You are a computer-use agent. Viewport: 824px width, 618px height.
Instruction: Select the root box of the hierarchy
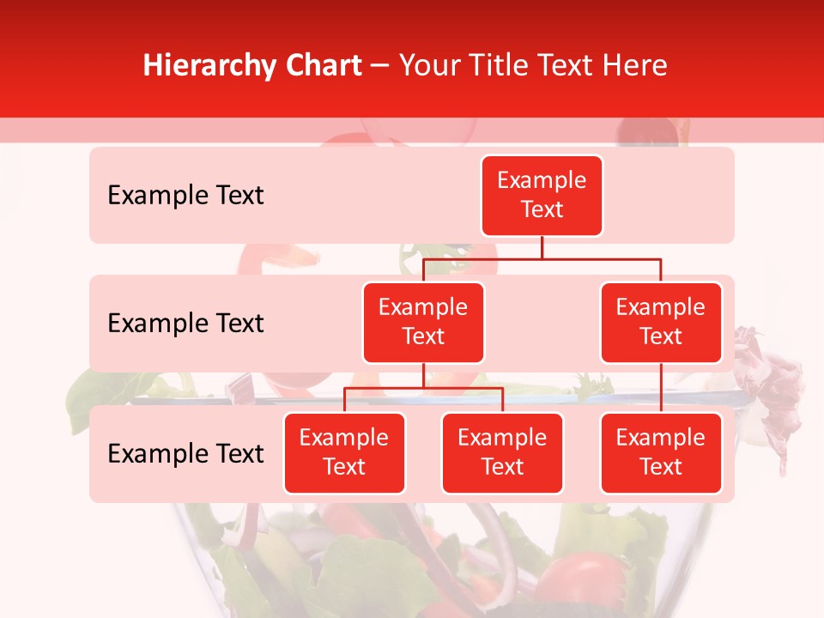point(542,195)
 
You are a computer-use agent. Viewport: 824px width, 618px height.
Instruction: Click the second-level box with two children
point(423,322)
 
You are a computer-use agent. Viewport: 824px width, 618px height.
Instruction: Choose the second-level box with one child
point(661,322)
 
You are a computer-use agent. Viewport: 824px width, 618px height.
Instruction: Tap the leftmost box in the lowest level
point(344,452)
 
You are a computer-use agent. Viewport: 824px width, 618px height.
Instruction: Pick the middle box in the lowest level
point(502,452)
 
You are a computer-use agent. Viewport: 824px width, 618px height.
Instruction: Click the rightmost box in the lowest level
point(661,452)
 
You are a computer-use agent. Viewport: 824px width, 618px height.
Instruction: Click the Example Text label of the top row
point(185,196)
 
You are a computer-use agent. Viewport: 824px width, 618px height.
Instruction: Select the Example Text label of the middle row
point(185,324)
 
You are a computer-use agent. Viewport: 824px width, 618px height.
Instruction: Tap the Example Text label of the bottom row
point(185,453)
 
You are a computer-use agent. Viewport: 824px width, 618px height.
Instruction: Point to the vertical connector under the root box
point(542,247)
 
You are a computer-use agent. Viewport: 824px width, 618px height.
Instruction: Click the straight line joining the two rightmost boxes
point(661,388)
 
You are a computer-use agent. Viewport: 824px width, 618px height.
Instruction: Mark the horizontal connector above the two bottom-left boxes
point(423,388)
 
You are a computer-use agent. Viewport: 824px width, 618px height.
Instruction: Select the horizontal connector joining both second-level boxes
point(542,258)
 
